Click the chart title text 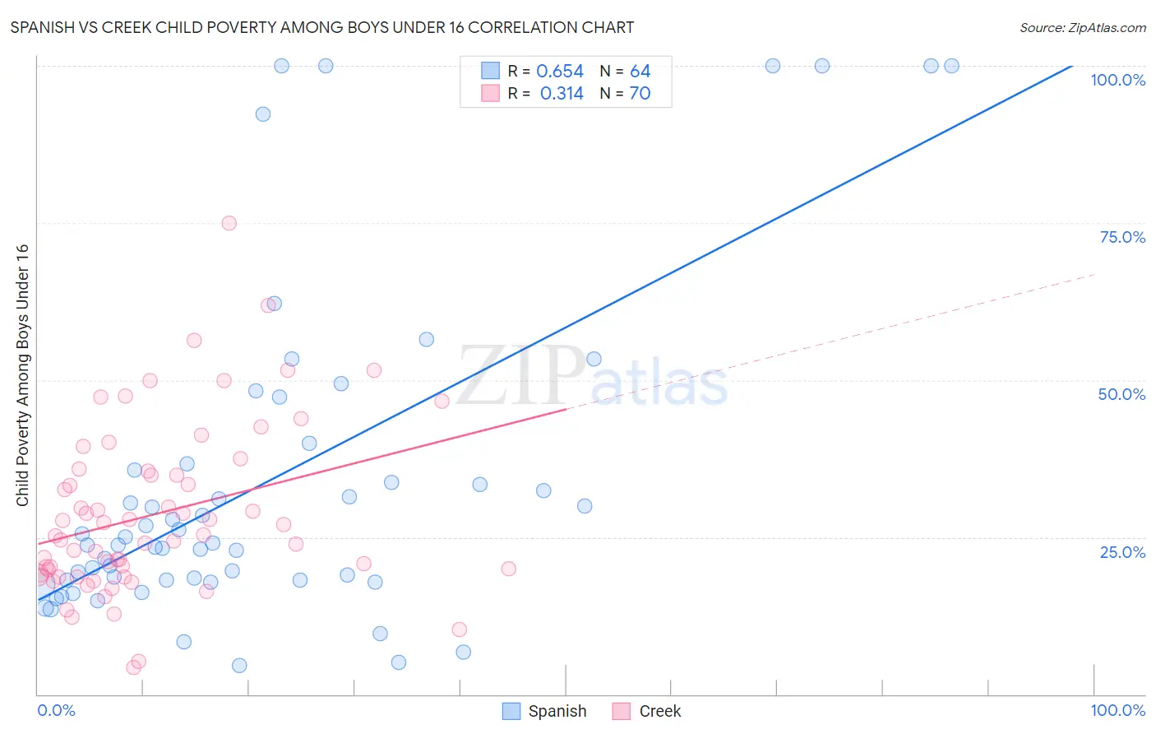click(x=322, y=27)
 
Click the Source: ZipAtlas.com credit click(x=1082, y=28)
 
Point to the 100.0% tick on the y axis click(x=1117, y=80)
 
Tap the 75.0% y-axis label click(x=1122, y=237)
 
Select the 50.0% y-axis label click(x=1121, y=394)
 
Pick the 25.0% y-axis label click(x=1122, y=551)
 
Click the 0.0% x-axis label click(x=56, y=710)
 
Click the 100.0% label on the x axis click(x=1117, y=710)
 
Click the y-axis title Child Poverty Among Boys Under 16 click(x=22, y=375)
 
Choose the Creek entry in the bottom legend click(x=659, y=711)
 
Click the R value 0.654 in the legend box click(x=559, y=72)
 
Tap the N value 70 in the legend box click(x=640, y=94)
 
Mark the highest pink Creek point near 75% click(x=229, y=223)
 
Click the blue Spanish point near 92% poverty click(x=263, y=114)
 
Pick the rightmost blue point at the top click(x=951, y=66)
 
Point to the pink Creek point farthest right click(x=508, y=569)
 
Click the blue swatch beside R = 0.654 click(x=490, y=72)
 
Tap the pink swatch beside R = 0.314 click(x=490, y=94)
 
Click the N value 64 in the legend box click(x=640, y=72)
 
